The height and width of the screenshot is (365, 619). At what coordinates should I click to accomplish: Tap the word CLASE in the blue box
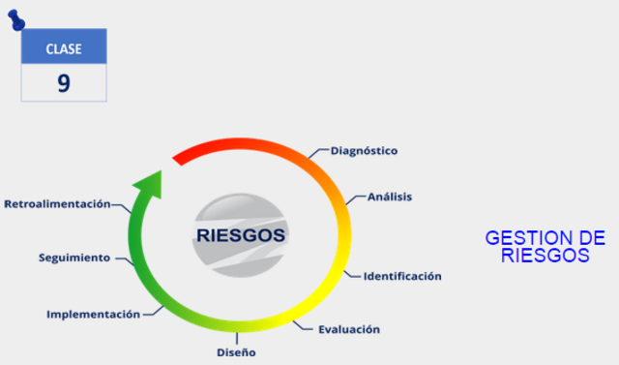click(64, 48)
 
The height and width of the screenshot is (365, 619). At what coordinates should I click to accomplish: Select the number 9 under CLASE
click(64, 83)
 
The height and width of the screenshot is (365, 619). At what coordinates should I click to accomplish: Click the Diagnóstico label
click(364, 151)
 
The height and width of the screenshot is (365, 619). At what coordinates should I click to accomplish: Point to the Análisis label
click(390, 197)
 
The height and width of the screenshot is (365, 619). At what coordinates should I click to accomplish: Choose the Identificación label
click(402, 276)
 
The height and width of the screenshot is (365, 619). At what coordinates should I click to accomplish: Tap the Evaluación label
click(349, 329)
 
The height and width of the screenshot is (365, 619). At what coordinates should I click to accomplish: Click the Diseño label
click(237, 352)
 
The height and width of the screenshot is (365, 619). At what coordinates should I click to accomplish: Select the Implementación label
click(93, 314)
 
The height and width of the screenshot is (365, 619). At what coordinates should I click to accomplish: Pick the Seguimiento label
click(74, 258)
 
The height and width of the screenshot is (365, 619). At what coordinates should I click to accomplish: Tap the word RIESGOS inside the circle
click(241, 235)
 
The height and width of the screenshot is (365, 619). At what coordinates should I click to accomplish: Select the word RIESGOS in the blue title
click(545, 256)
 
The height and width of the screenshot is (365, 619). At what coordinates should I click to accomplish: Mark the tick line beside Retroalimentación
click(119, 205)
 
